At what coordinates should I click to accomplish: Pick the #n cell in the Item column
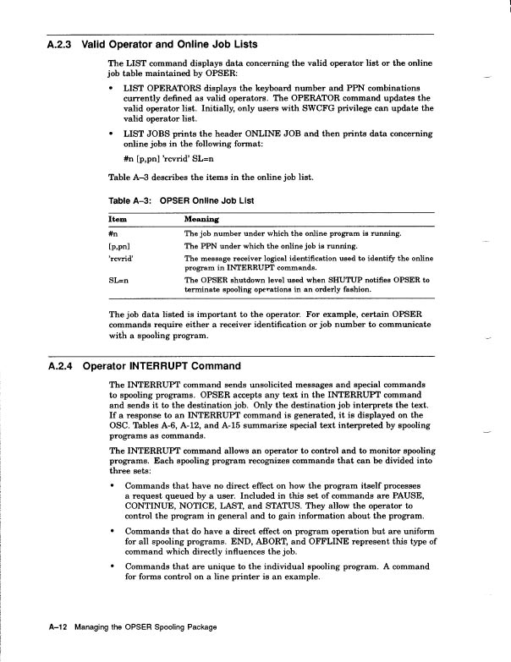pyautogui.click(x=114, y=233)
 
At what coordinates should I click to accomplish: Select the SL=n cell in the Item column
pyautogui.click(x=120, y=279)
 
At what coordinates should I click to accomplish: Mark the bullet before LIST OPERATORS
pyautogui.click(x=113, y=88)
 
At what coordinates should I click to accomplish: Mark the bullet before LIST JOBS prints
pyautogui.click(x=113, y=134)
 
